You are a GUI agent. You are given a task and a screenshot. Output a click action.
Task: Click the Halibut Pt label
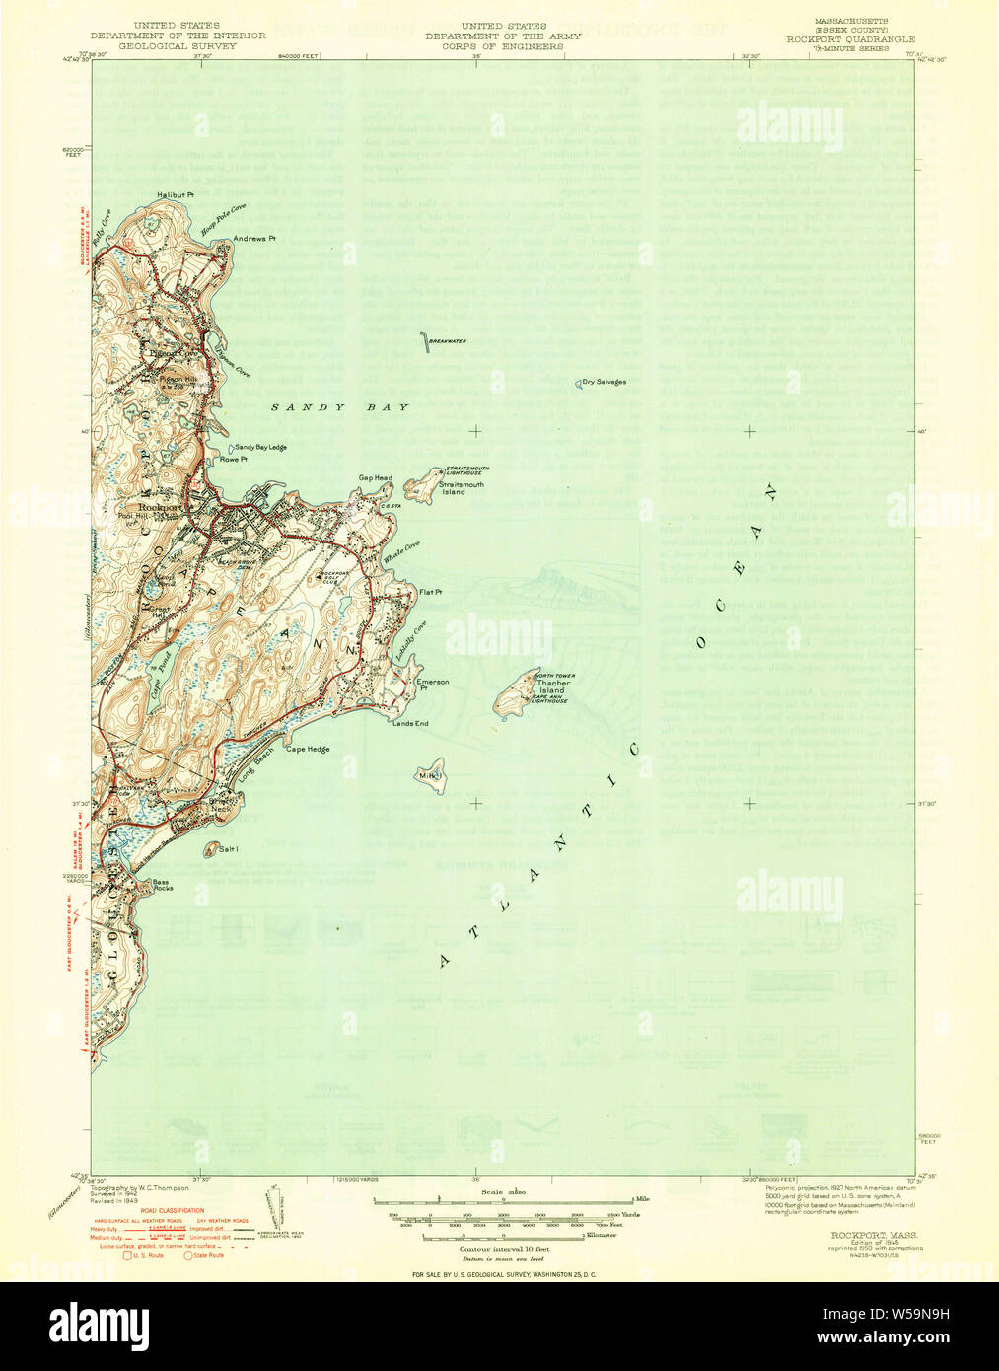[176, 195]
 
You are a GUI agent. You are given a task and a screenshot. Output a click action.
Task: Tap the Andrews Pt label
[253, 239]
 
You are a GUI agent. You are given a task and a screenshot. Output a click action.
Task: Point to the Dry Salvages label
[604, 382]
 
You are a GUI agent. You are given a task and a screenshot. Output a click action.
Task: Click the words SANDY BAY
[340, 406]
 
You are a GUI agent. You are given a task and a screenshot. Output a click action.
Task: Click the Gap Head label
[375, 478]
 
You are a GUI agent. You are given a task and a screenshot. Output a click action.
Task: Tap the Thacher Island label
[551, 686]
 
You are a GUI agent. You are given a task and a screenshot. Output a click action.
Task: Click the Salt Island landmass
[211, 848]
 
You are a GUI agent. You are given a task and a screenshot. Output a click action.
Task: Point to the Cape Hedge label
[308, 750]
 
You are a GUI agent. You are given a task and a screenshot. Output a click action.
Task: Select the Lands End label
[410, 724]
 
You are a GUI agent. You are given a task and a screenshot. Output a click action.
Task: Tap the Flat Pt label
[430, 592]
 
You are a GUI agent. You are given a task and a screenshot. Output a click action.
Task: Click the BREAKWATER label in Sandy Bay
[448, 341]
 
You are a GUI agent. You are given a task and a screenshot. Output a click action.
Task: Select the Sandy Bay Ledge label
[260, 447]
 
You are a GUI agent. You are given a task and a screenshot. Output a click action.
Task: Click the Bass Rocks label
[162, 885]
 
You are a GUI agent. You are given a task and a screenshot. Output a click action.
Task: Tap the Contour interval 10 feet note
[503, 1248]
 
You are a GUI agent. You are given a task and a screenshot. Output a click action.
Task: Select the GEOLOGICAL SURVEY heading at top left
[178, 45]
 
